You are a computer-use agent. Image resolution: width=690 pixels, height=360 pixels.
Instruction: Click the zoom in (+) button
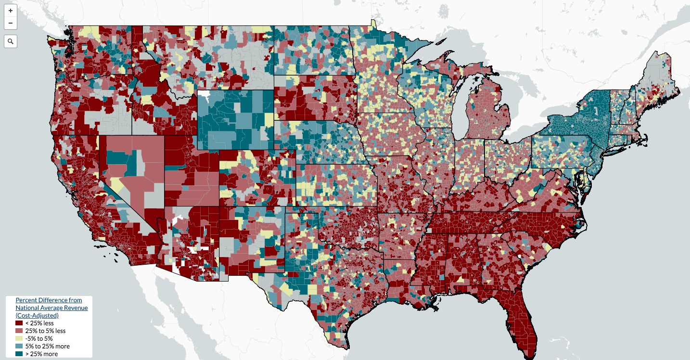[x=11, y=10]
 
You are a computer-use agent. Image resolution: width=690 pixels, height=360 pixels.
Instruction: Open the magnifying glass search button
[x=11, y=41]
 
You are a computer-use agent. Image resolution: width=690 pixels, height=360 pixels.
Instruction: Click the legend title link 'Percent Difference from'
[x=49, y=300]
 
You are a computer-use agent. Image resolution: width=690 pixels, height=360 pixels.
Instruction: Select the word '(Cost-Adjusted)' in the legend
[x=37, y=315]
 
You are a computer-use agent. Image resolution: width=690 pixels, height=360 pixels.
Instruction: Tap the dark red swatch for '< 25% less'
[x=19, y=323]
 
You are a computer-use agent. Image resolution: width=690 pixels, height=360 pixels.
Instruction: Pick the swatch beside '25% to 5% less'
[x=19, y=331]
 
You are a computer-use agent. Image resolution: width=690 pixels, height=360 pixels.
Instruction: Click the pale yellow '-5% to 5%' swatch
[x=19, y=339]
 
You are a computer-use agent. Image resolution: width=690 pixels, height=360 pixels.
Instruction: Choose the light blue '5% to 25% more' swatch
[x=19, y=347]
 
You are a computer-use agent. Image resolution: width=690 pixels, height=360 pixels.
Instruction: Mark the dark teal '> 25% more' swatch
[x=19, y=354]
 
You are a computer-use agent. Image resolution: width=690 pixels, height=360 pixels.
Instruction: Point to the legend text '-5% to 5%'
[x=39, y=338]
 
